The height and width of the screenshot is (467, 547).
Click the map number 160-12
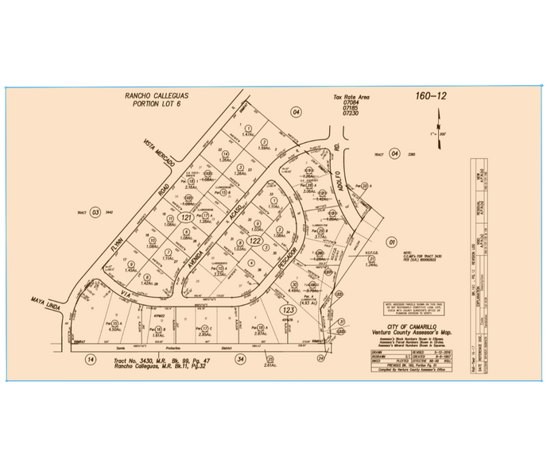[430, 97]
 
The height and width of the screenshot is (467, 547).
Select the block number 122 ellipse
[254, 240]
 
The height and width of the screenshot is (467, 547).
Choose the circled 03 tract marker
[96, 212]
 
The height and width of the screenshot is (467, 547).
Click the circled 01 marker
[390, 241]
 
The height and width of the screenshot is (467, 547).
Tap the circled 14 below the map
[91, 359]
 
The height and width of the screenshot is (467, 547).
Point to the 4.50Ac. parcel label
[114, 330]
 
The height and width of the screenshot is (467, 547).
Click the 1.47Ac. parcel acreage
[247, 135]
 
